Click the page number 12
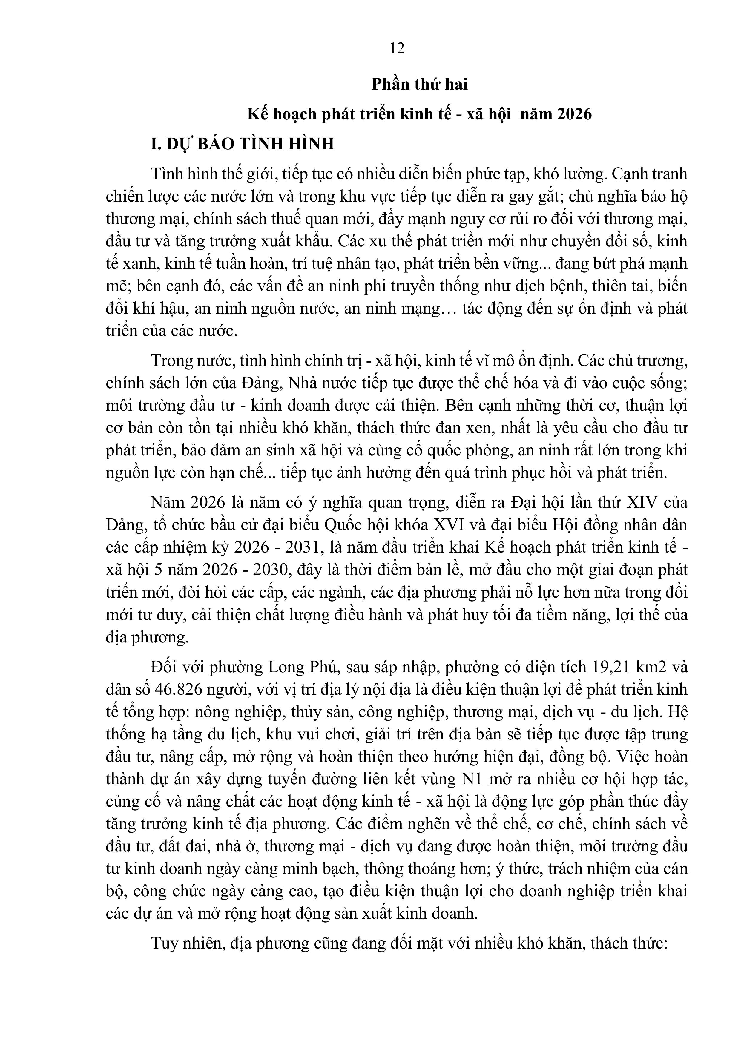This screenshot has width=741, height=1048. pos(397,48)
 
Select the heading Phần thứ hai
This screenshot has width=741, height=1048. pos(420,85)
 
